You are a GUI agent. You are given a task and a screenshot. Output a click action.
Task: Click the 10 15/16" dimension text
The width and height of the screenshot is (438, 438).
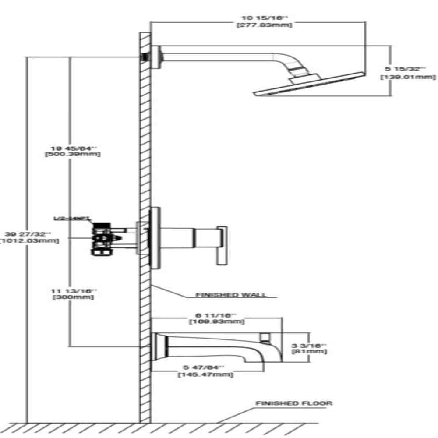coord(264,18)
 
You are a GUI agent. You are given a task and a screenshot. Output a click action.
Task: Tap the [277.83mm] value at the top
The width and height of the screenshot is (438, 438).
coord(264,25)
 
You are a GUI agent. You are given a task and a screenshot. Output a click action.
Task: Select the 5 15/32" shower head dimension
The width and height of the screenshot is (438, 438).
coord(405,69)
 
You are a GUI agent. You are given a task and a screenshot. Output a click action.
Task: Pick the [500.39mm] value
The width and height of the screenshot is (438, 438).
coord(73,154)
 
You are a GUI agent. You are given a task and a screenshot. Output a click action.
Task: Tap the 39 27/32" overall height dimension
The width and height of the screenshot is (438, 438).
coord(31,233)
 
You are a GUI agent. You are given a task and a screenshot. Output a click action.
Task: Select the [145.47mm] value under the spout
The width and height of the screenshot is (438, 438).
coord(205,375)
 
